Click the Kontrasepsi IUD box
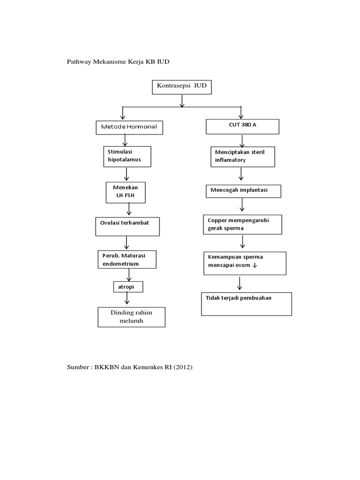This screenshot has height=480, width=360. (x=181, y=87)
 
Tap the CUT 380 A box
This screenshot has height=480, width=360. (x=242, y=126)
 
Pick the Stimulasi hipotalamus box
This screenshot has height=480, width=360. (x=127, y=156)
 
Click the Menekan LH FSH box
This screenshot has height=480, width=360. (x=126, y=192)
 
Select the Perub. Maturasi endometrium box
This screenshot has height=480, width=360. (x=127, y=260)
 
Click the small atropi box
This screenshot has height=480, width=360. (x=127, y=286)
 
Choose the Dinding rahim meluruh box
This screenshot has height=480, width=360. (x=131, y=317)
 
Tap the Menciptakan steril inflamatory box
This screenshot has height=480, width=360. (x=242, y=157)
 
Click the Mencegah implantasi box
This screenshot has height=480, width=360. (x=243, y=191)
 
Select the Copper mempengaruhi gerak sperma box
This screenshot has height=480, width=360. (x=242, y=224)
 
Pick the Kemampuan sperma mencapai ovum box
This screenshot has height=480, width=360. (x=245, y=263)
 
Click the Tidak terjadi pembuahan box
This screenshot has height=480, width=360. (x=246, y=304)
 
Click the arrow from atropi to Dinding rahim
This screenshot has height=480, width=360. (x=127, y=298)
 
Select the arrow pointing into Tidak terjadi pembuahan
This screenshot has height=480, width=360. (x=240, y=283)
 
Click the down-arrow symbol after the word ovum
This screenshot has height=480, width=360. (x=255, y=265)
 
